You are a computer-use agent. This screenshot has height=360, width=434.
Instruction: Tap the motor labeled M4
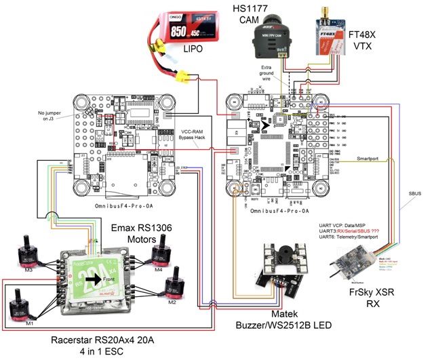tap(161, 257)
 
